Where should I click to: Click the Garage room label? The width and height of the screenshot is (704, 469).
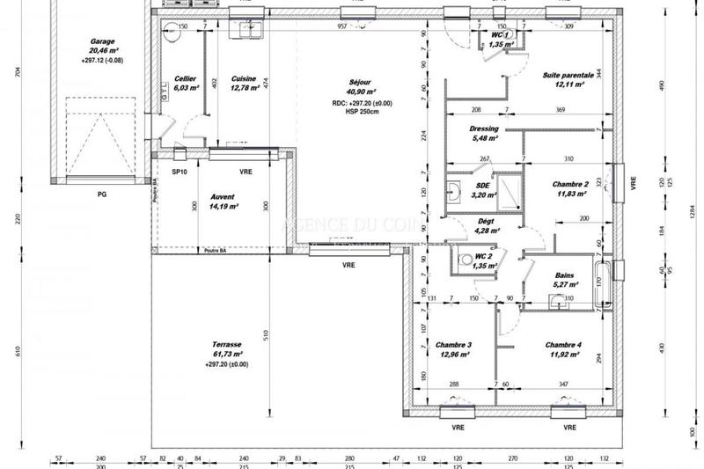tap(104, 41)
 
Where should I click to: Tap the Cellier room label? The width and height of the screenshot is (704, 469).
tap(185, 78)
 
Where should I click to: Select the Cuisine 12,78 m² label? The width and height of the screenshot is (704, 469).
tap(243, 78)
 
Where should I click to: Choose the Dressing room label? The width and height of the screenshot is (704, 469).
tap(485, 128)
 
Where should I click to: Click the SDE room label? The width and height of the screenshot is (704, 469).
tap(483, 186)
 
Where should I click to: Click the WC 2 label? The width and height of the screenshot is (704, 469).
tap(484, 256)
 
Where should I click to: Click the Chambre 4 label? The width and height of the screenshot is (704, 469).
tap(562, 344)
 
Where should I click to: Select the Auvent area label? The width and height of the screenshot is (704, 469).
tap(225, 197)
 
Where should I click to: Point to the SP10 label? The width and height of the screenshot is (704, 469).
tap(180, 172)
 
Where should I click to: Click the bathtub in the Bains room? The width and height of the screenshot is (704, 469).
tap(603, 282)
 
